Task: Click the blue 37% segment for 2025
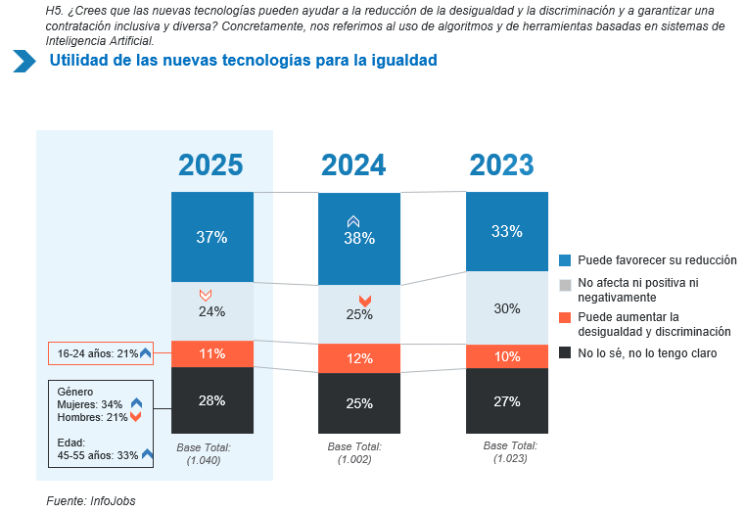pos(211,237)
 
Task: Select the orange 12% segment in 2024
pos(359,358)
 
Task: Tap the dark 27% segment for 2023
pos(506,400)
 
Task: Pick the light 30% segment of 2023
pos(506,307)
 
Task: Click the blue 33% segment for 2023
pos(506,232)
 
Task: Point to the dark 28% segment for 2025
pos(211,400)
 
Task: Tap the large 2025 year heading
pos(211,164)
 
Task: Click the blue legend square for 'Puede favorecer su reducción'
pos(565,260)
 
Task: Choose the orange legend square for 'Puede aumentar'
pos(565,317)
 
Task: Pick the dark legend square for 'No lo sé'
pos(565,352)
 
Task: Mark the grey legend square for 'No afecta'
pos(565,284)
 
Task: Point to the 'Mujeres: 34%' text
pos(90,404)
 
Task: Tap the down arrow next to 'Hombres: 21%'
pos(136,418)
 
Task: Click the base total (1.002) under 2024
pos(354,459)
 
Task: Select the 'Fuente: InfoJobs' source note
pos(91,500)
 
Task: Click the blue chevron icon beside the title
pos(24,61)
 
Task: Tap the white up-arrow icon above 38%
pos(354,222)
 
